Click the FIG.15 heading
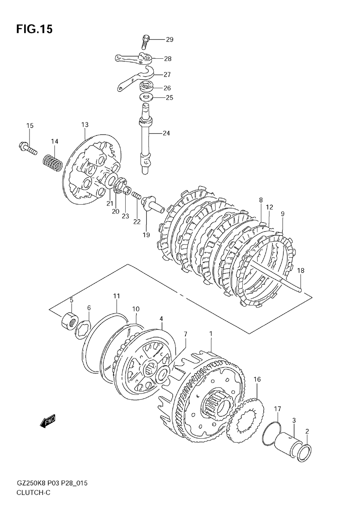pos(34,29)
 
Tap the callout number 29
pos(169,40)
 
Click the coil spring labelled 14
pos(53,162)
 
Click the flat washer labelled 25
pos(147,97)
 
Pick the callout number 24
pos(166,133)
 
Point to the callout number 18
pos(301,270)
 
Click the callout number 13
pos(85,125)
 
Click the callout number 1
pos(211,334)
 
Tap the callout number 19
pos(146,235)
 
